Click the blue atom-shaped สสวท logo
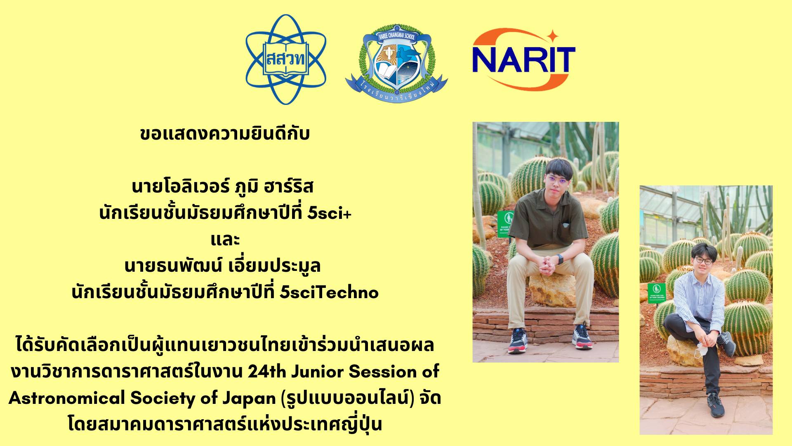click(x=286, y=59)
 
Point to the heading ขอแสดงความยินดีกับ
click(x=225, y=134)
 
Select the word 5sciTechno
click(x=329, y=292)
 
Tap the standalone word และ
click(x=225, y=240)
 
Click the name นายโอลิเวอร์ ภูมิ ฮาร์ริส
click(x=223, y=186)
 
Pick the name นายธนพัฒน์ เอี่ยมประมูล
click(x=223, y=266)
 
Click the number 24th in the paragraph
click(x=266, y=372)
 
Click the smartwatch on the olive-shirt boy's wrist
click(x=560, y=260)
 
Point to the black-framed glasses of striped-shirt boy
click(x=702, y=261)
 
